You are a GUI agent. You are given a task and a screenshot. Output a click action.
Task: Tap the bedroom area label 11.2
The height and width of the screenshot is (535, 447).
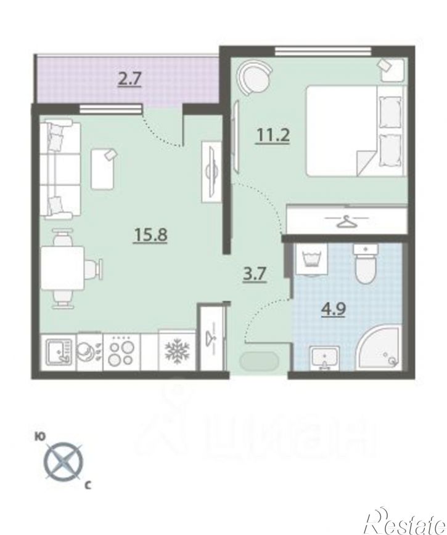273,135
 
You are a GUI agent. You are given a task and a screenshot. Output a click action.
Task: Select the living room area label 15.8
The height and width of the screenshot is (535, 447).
150,235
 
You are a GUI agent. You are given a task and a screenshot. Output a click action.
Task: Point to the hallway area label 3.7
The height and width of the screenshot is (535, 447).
254,273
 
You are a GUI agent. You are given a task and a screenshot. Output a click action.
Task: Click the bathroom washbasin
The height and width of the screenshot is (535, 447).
325,358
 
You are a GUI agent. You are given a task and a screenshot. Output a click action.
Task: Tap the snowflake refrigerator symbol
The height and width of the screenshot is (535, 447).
177,351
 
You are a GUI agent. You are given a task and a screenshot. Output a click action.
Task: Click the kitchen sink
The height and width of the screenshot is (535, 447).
59,352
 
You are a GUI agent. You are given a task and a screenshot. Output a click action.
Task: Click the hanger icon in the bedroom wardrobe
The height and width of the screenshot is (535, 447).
347,221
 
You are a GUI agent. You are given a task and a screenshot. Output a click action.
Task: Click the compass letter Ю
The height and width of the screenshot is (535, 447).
40,436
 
